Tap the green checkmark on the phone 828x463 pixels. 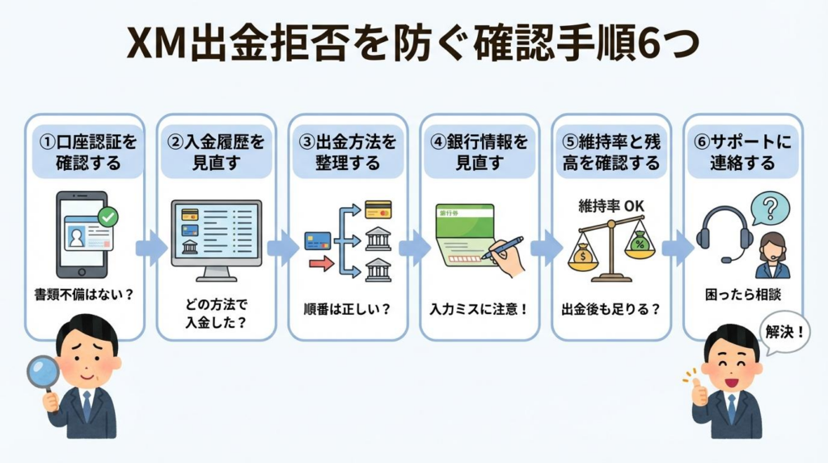click(x=107, y=216)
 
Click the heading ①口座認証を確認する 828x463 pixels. click(x=85, y=151)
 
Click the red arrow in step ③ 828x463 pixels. click(x=321, y=262)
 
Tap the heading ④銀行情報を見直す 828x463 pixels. click(x=479, y=151)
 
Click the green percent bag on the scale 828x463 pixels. click(x=640, y=244)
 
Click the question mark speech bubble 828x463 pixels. click(x=770, y=208)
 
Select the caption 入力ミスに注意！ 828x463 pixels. click(x=479, y=308)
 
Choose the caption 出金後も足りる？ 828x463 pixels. click(x=611, y=308)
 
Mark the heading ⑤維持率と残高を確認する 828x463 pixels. click(x=611, y=151)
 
